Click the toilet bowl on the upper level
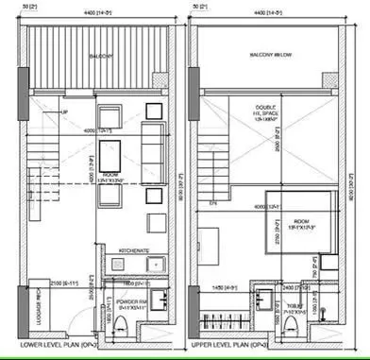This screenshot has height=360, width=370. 295,324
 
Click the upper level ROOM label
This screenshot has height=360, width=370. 257,225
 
